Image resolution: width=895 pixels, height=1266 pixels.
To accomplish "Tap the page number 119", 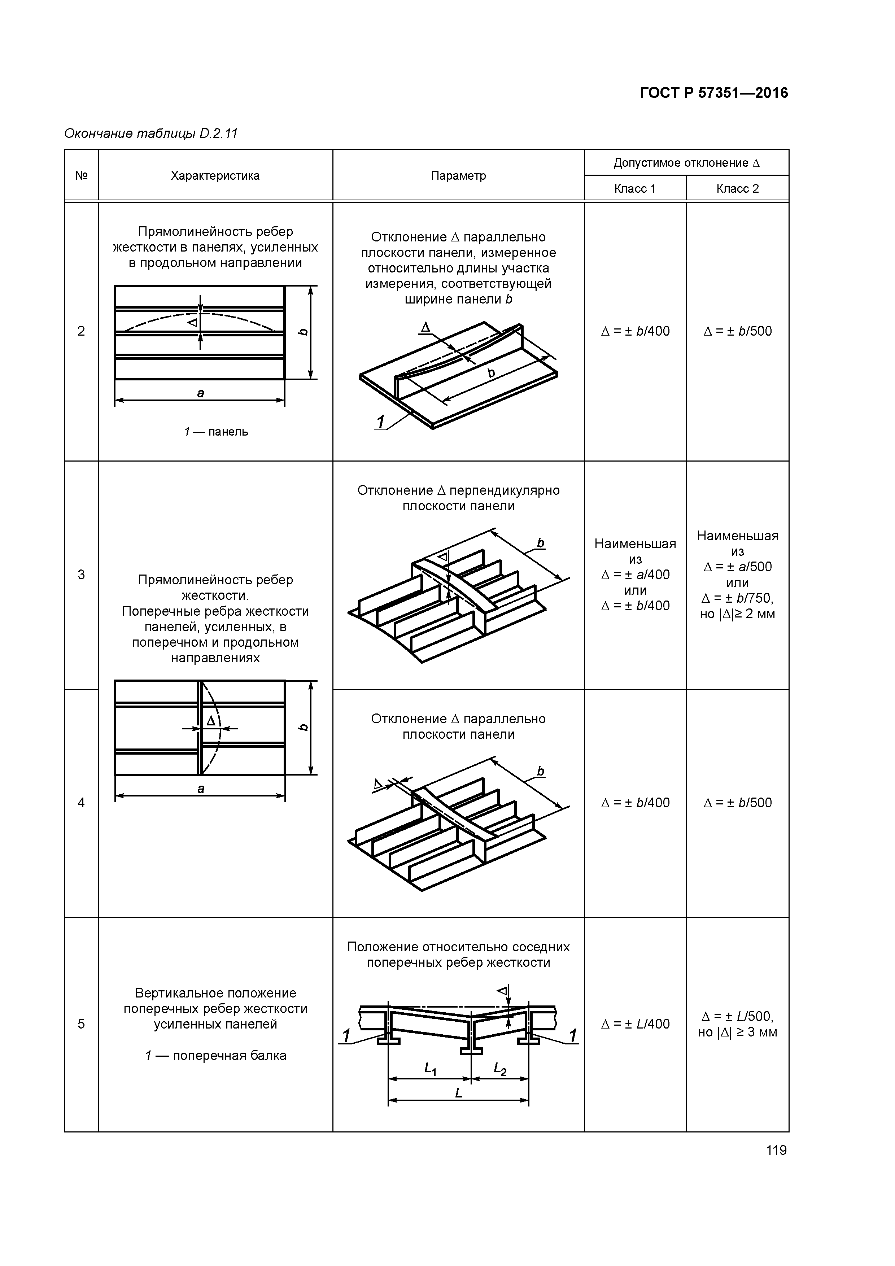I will pos(776,1150).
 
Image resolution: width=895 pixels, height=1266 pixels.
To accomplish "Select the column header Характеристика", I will pos(215,176).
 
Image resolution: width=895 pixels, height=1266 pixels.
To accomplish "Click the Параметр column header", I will pos(458,176).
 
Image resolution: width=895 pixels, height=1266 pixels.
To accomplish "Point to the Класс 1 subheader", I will pos(635,189).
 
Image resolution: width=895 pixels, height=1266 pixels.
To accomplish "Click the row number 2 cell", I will pos(81,331).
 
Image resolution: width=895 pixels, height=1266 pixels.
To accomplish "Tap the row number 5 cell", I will pos(81,1024).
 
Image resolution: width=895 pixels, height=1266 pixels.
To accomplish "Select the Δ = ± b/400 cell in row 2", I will pos(635,331).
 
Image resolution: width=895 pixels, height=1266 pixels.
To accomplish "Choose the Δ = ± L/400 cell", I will pos(635,1024).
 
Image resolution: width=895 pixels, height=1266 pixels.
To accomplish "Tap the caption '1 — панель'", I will pos(215,432).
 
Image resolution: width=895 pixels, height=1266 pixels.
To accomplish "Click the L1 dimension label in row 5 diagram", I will pos(430,1069).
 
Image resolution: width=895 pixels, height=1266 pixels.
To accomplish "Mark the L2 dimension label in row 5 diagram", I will pos(499,1069).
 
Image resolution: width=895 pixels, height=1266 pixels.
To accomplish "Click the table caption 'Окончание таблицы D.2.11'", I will pos(150,134).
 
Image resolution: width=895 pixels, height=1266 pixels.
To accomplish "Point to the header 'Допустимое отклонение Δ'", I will pos(686,163).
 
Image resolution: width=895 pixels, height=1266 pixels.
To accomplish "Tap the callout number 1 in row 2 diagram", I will pos(380,422).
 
